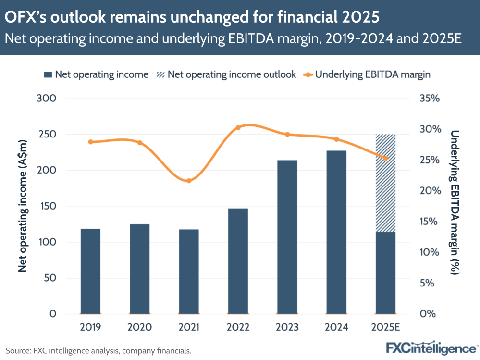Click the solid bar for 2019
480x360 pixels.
tap(90, 272)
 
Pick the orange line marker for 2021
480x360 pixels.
tap(189, 181)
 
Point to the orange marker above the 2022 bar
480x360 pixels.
tap(238, 127)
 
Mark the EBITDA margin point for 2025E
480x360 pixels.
tap(385, 158)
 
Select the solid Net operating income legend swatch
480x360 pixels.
tap(48, 74)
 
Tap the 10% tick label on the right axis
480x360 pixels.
tap(429, 252)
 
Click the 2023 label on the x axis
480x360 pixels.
tap(287, 328)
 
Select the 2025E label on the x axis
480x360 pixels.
tap(385, 328)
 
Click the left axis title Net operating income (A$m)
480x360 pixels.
tap(23, 206)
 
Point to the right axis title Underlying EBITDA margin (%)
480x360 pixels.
tap(455, 202)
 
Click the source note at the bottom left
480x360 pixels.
tap(98, 350)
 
